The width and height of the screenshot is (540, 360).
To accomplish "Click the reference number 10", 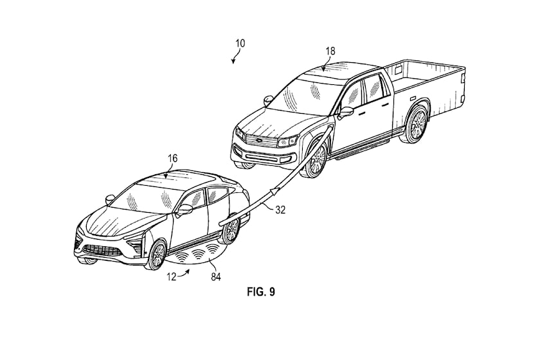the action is pos(240,44).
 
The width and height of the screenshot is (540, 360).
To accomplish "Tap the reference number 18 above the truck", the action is pos(330,51).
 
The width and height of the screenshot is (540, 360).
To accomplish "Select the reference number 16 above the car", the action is pos(172,158).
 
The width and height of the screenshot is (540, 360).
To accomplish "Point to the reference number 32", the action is pos(281,210).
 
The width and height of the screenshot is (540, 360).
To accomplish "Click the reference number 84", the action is pos(216,276).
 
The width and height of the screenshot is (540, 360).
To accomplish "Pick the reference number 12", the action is pos(172,276).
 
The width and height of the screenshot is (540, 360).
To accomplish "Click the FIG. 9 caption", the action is pos(261,292).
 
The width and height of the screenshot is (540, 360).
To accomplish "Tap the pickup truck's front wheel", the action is pos(316,159).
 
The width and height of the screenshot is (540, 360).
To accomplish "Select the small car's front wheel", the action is pos(157,255).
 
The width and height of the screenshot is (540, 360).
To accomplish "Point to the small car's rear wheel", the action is pos(231,229).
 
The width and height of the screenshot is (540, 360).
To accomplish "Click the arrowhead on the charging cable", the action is pos(275,190).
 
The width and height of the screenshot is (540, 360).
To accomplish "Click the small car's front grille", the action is pos(103,250).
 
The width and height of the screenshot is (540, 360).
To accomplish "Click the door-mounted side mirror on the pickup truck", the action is pos(346,113).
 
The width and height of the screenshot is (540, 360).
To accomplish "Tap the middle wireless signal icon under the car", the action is pos(198,255).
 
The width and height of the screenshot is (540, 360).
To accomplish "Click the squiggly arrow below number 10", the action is pos(236,55).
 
